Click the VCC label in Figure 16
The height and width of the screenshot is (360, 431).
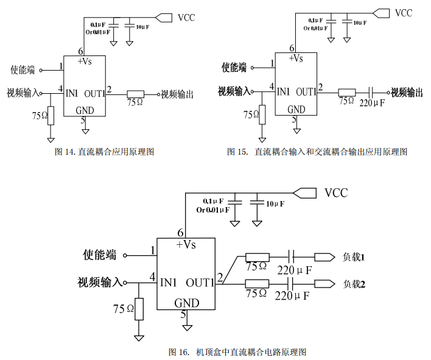[x=336, y=193]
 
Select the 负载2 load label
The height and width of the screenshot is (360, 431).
[x=354, y=284]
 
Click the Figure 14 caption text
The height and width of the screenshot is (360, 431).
[x=105, y=151]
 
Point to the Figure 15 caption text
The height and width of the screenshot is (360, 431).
[x=317, y=151]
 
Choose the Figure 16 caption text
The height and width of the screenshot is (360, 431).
[x=237, y=351]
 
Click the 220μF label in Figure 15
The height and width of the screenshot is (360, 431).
[x=373, y=104]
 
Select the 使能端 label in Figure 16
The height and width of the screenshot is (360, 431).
[x=100, y=255]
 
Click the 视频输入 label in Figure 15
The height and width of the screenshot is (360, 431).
[x=234, y=91]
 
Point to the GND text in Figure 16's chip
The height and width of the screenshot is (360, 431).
[x=186, y=303]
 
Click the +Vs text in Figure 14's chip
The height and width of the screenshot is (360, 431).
[x=86, y=61]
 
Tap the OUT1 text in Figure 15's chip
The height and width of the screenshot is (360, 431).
[x=306, y=92]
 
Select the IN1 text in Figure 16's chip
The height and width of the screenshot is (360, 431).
[x=169, y=283]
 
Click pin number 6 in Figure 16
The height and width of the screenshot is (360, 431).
[x=180, y=233]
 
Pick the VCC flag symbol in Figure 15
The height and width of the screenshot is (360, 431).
[x=381, y=12]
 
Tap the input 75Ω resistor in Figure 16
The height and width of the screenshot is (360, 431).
[x=139, y=309]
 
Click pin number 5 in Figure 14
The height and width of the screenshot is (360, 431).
[x=83, y=120]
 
